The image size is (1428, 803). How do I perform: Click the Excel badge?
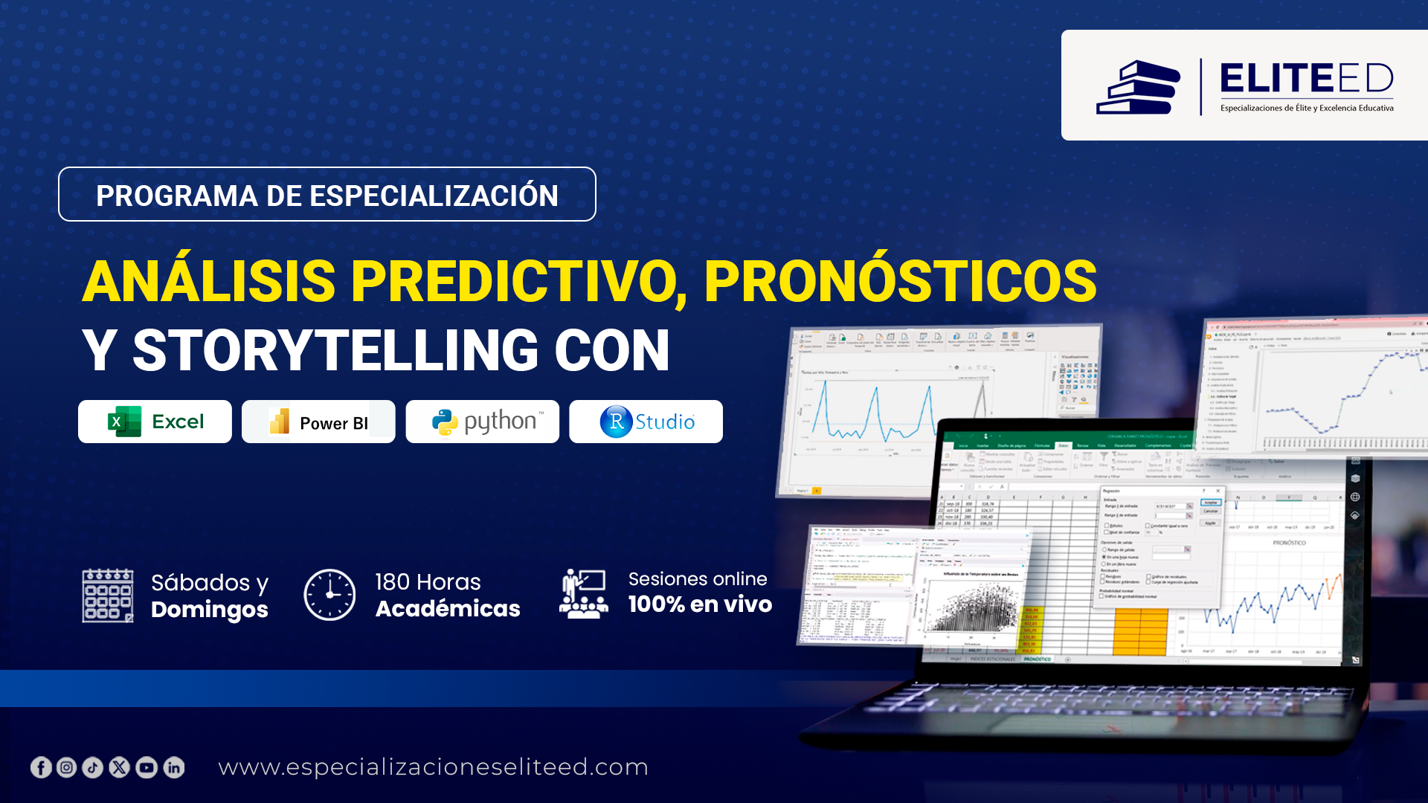pyautogui.click(x=155, y=422)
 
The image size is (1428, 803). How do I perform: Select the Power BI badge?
pyautogui.click(x=318, y=422)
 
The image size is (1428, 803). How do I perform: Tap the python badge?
pyautogui.click(x=482, y=422)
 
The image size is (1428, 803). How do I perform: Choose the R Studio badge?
pyautogui.click(x=646, y=422)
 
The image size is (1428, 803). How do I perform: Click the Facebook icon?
pyautogui.click(x=41, y=767)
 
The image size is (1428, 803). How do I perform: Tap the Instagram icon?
pyautogui.click(x=67, y=767)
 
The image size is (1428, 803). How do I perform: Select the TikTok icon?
pyautogui.click(x=93, y=767)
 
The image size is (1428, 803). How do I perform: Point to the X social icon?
pyautogui.click(x=120, y=767)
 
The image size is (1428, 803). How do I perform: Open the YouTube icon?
pyautogui.click(x=147, y=767)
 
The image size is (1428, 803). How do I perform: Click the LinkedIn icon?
pyautogui.click(x=174, y=767)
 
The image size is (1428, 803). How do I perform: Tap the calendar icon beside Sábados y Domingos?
pyautogui.click(x=108, y=596)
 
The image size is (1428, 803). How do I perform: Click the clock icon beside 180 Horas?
pyautogui.click(x=329, y=595)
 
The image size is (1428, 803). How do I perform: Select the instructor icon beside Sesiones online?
pyautogui.click(x=584, y=593)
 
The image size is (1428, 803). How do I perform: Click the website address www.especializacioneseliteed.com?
pyautogui.click(x=433, y=767)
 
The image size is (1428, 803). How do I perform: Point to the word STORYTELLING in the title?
pyautogui.click(x=335, y=351)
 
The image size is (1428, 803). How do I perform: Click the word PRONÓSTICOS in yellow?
pyautogui.click(x=900, y=282)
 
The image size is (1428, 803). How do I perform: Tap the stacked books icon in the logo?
pyautogui.click(x=1138, y=88)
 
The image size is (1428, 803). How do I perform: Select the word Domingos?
pyautogui.click(x=209, y=610)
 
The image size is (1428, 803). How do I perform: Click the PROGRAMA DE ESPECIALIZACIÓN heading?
pyautogui.click(x=327, y=196)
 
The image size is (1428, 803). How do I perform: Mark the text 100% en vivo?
pyautogui.click(x=700, y=604)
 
